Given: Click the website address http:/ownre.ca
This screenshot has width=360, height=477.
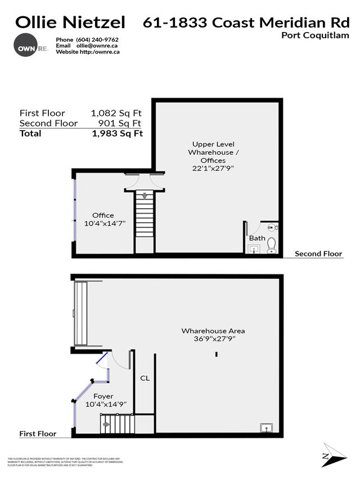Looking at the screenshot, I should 98,52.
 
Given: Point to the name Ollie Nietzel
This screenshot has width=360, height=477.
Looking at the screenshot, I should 71,22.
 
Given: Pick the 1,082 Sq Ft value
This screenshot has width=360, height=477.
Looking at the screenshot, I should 118,113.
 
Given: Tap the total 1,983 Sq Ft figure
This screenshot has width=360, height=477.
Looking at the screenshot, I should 118,134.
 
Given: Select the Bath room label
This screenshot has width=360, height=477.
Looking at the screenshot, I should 257,238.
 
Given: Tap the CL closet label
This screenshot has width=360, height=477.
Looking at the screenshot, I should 145,379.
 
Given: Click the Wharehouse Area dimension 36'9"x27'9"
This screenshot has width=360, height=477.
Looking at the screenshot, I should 213,339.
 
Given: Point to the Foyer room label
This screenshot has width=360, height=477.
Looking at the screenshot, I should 103,396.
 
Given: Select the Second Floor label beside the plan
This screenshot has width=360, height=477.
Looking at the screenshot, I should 319,254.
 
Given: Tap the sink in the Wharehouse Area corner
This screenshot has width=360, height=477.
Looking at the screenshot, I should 266,427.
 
